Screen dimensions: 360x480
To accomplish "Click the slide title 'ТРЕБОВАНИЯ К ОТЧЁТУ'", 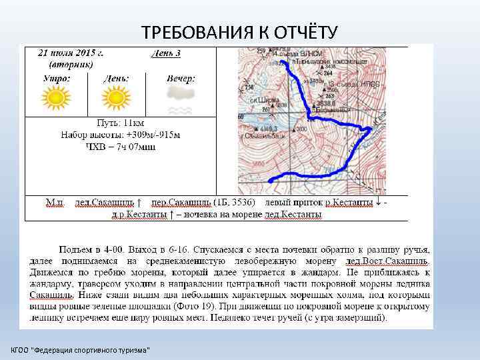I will click(240, 32).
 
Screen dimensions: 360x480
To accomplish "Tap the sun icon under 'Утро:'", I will click(55, 99).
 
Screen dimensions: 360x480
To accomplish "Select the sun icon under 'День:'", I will click(116, 99).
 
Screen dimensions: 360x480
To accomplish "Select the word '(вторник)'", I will click(71, 64).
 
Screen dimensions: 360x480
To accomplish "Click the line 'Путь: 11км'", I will click(121, 124).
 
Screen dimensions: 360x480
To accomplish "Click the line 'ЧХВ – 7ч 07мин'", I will click(121, 146).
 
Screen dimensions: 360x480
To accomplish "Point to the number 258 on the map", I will click(249, 87).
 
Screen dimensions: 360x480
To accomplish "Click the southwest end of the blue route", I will click(270, 179).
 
